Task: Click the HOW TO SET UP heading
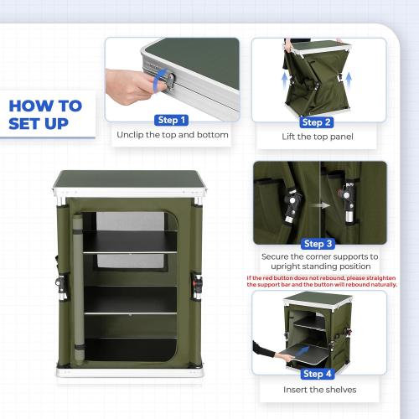coord(45,116)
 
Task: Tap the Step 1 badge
coord(172,121)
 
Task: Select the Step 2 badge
coord(316,122)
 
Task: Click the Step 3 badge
coord(318,244)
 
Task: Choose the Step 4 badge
coord(318,374)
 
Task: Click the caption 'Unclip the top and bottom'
coord(172,135)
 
